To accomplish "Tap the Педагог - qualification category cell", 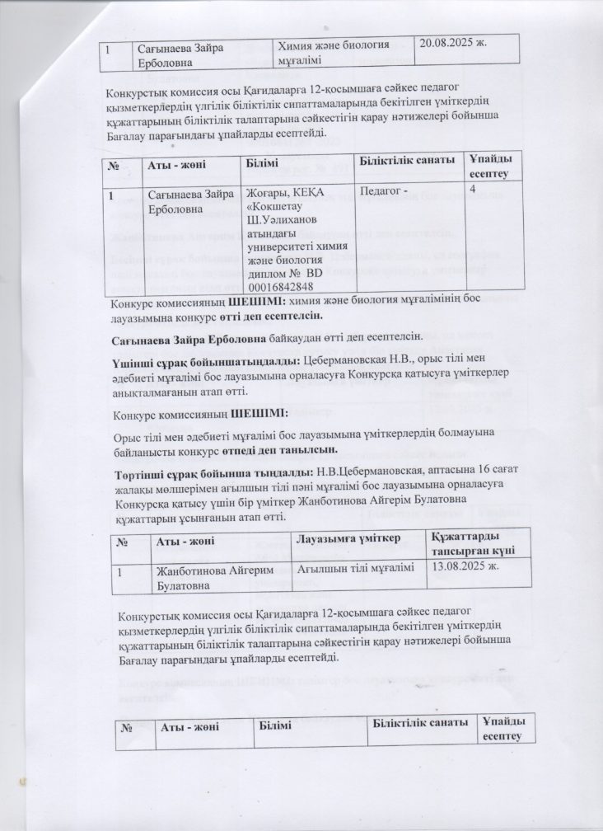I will tap(386, 192).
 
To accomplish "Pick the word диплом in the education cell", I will tap(267, 274).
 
